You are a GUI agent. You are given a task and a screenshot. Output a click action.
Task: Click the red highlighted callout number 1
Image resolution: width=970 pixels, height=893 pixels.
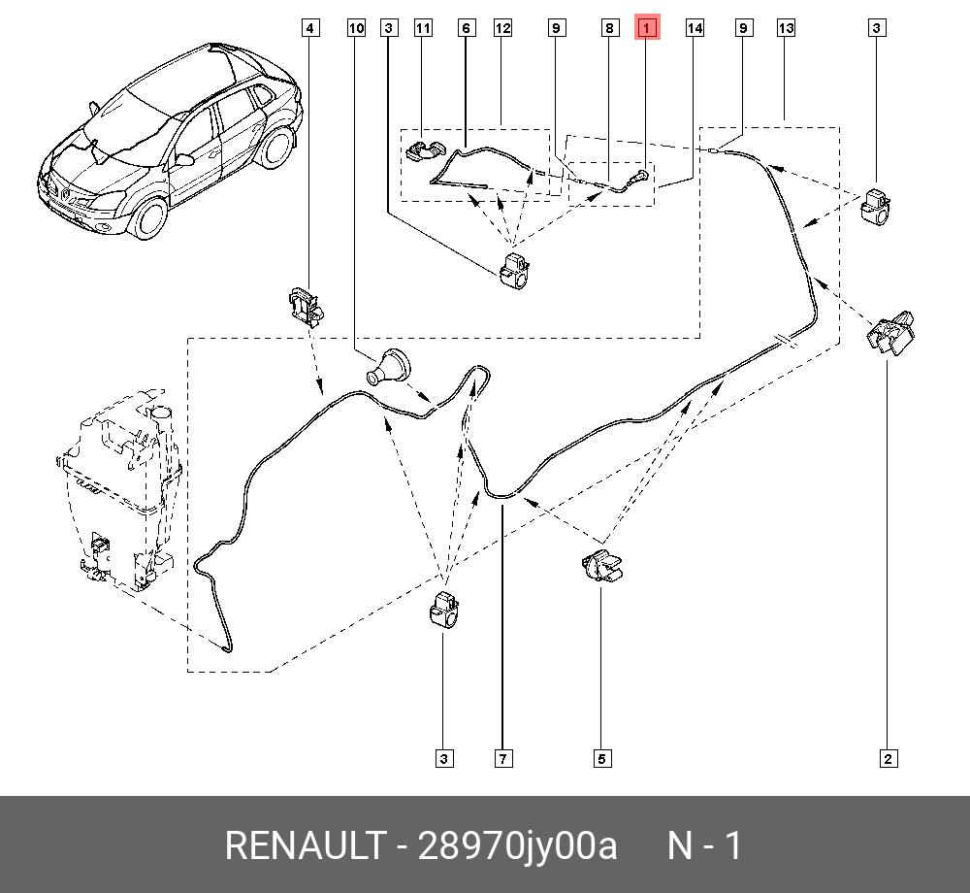pyautogui.click(x=646, y=28)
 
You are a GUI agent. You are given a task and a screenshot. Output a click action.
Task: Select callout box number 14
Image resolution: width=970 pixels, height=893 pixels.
pyautogui.click(x=695, y=28)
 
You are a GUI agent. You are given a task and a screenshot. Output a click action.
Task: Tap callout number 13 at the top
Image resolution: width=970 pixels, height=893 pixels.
pyautogui.click(x=786, y=28)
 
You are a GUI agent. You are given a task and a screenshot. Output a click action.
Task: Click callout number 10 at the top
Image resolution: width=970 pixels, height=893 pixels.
pyautogui.click(x=356, y=28)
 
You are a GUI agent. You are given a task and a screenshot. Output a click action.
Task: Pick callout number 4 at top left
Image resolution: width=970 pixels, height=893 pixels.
pyautogui.click(x=309, y=28)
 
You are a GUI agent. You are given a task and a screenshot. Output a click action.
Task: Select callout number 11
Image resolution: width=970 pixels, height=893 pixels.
pyautogui.click(x=423, y=28)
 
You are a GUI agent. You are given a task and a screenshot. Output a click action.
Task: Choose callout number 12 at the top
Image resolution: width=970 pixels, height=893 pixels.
pyautogui.click(x=501, y=28)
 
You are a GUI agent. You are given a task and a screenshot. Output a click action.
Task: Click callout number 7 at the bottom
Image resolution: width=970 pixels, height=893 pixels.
pyautogui.click(x=502, y=758)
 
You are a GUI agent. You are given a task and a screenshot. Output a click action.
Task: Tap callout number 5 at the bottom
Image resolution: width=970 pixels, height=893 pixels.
pyautogui.click(x=601, y=758)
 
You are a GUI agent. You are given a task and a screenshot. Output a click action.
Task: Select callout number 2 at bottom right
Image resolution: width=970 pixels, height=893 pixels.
pyautogui.click(x=888, y=758)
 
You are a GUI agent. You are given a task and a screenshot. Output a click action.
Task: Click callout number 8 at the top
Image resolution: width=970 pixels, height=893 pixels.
pyautogui.click(x=609, y=28)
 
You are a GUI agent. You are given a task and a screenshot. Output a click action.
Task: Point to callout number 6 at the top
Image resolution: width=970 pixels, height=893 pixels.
pyautogui.click(x=466, y=28)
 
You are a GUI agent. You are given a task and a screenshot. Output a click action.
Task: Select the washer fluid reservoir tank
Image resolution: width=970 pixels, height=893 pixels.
pyautogui.click(x=116, y=495)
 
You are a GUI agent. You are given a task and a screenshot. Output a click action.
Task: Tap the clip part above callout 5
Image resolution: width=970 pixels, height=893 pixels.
pyautogui.click(x=601, y=566)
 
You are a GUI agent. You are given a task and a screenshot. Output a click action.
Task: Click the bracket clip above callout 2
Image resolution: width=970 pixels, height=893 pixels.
pyautogui.click(x=889, y=335)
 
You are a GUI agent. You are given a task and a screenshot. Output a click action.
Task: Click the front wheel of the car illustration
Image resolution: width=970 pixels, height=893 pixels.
pyautogui.click(x=150, y=217)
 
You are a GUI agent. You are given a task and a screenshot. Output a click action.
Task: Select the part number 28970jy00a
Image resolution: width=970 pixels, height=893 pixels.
pyautogui.click(x=516, y=845)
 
